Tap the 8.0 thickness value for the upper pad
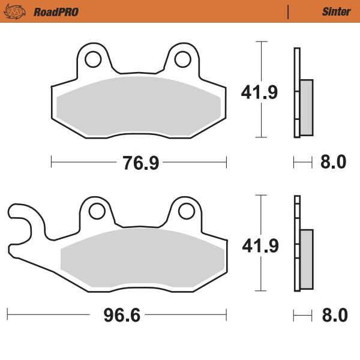pos(334,162)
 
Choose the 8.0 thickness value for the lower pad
pos(334,314)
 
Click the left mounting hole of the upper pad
pos(93,59)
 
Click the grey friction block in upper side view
pos(306,107)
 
